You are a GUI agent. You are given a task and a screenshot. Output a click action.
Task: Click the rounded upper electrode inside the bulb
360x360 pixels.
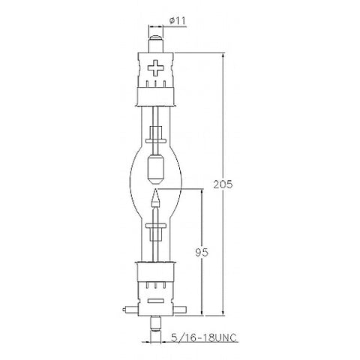coord(156,169)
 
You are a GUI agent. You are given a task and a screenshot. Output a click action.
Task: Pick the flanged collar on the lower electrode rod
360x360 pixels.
coord(156,221)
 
